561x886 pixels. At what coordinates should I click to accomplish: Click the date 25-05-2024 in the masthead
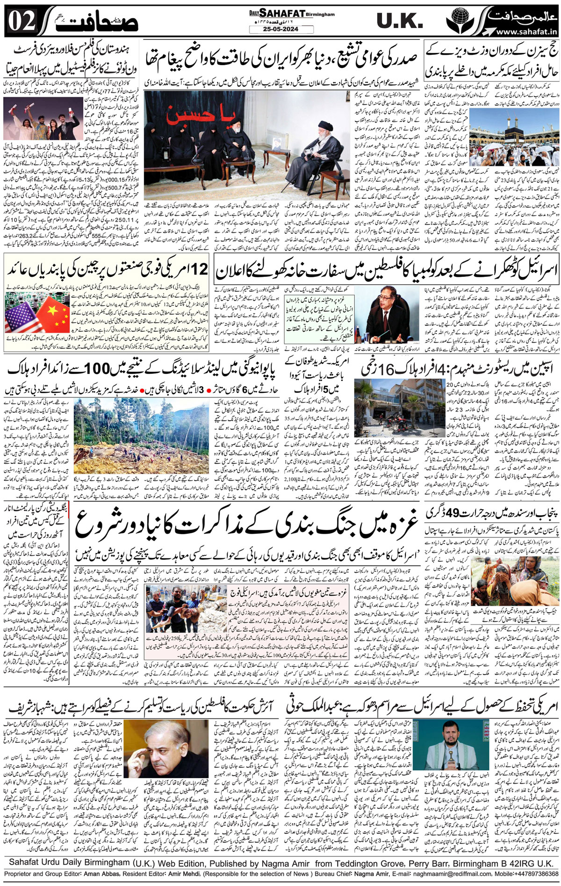280,29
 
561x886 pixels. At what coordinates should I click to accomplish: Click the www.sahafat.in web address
526,32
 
